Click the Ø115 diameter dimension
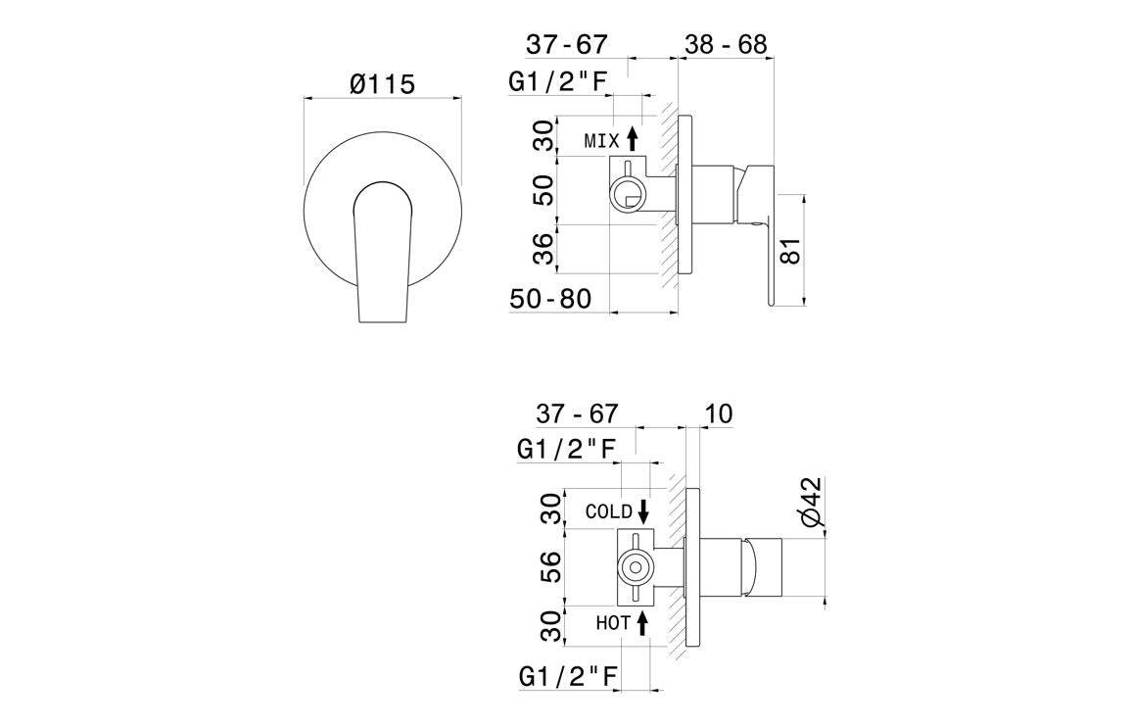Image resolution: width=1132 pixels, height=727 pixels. tap(382, 84)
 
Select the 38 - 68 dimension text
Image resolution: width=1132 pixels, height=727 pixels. tap(725, 44)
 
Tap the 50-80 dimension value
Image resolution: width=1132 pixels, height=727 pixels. tap(550, 299)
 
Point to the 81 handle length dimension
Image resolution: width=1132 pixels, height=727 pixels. tap(792, 249)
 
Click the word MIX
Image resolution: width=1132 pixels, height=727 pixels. tap(601, 141)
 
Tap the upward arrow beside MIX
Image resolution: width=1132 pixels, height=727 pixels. tap(633, 138)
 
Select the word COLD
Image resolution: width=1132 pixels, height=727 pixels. tap(608, 511)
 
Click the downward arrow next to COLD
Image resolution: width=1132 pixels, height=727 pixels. tap(643, 510)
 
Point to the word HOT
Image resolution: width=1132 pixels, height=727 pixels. tap(613, 622)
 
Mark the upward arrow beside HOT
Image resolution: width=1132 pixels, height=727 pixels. tap(643, 622)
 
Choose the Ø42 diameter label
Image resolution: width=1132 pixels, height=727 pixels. tap(810, 506)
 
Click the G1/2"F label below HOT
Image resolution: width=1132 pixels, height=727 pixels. tap(565, 676)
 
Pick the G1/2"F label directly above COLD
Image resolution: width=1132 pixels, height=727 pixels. tap(565, 450)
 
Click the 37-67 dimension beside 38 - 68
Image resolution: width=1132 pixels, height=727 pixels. tap(567, 44)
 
